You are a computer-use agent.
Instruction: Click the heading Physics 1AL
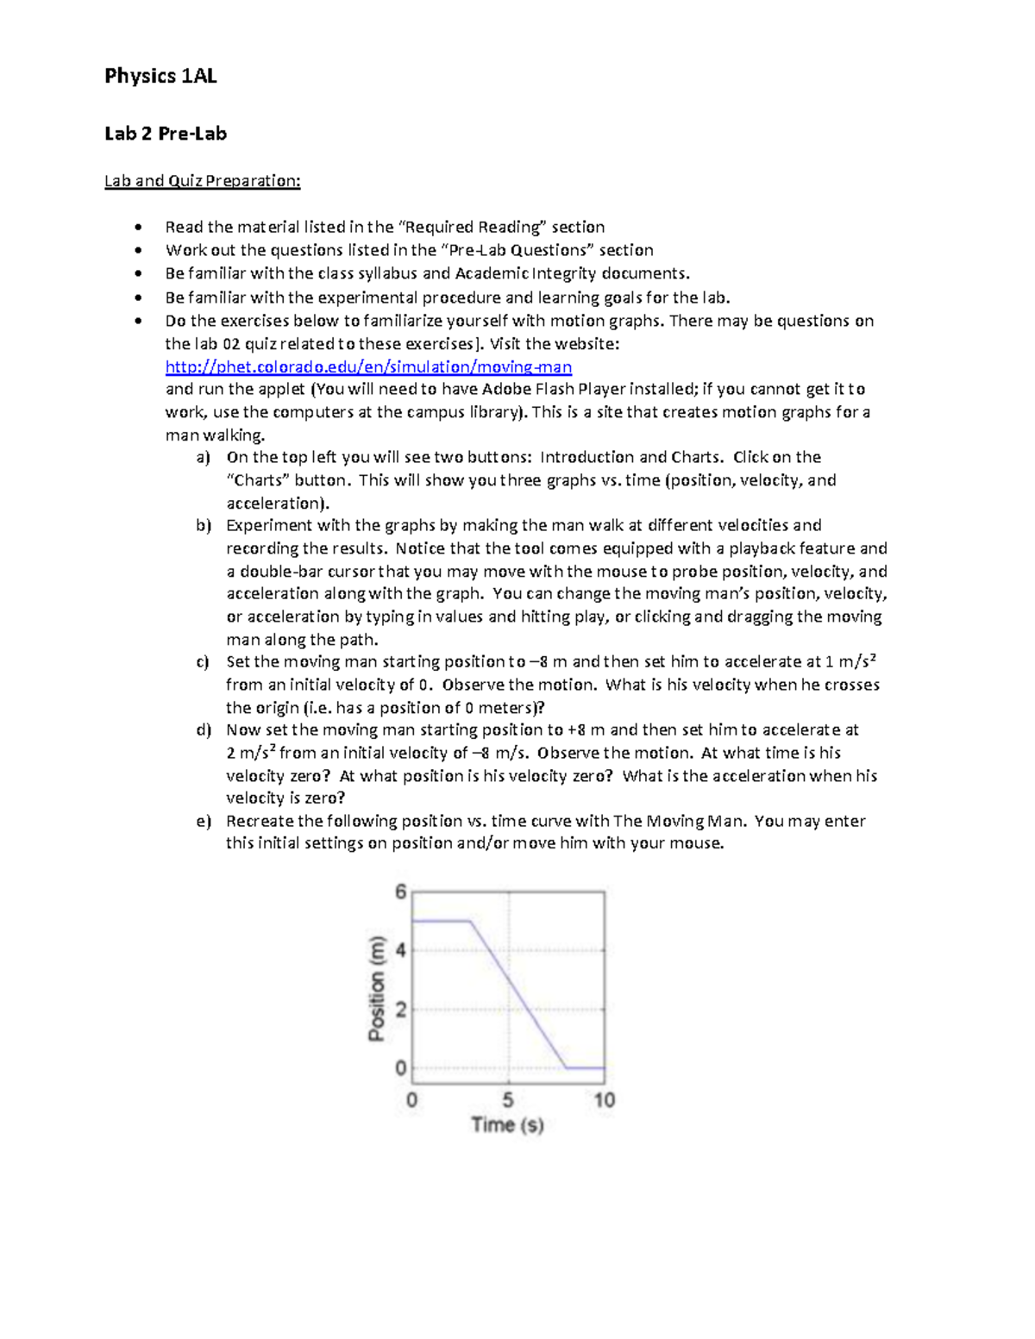pos(160,76)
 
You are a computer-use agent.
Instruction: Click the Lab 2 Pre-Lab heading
pos(166,134)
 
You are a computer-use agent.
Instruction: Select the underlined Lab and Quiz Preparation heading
pos(202,181)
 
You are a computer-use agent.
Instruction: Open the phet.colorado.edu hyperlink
pos(368,366)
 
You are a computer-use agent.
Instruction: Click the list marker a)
pos(204,457)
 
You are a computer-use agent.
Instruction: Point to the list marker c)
pos(204,662)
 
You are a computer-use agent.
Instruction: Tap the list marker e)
pos(204,821)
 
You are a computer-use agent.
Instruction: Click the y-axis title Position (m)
pos(376,988)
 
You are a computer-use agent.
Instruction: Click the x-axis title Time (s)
pos(507,1124)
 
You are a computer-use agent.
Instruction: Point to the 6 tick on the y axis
pos(401,892)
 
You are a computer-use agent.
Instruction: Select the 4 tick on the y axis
pos(400,950)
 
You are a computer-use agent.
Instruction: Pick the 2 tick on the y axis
pos(400,1009)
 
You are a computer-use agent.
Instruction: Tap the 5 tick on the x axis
pos(508,1100)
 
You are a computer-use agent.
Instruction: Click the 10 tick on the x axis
pos(604,1100)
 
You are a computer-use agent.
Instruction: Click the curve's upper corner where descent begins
pos(470,921)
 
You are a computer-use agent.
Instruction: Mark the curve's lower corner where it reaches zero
pos(567,1068)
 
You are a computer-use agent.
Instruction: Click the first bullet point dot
pos(138,228)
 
